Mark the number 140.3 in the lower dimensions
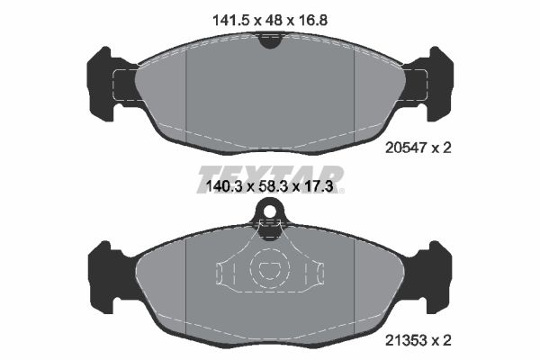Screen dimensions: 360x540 (x=217, y=187)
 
